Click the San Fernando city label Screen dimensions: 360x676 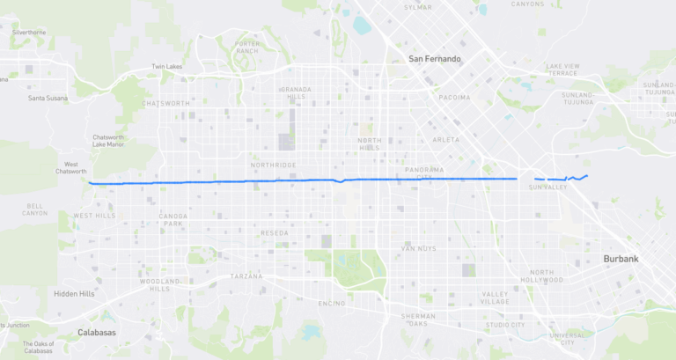(435, 59)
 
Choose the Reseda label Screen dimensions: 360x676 (274, 232)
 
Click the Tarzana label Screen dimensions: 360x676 (246, 276)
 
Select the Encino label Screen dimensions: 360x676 (332, 303)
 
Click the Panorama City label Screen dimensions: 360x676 (423, 173)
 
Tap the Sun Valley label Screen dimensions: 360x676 (547, 187)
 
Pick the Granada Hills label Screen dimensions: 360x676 (296, 93)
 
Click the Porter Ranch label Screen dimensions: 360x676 (247, 47)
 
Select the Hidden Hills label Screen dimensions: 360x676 (74, 294)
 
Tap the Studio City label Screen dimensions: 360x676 (505, 325)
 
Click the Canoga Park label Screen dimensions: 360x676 (173, 219)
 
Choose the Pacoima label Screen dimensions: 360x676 (454, 97)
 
